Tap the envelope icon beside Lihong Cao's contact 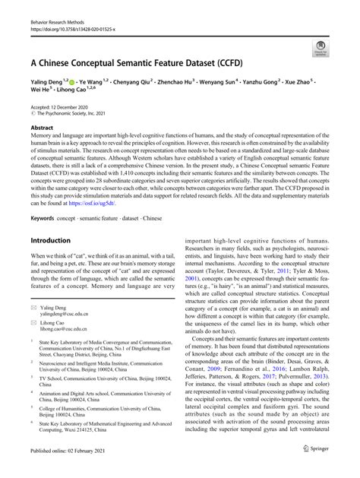tap(33, 321)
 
